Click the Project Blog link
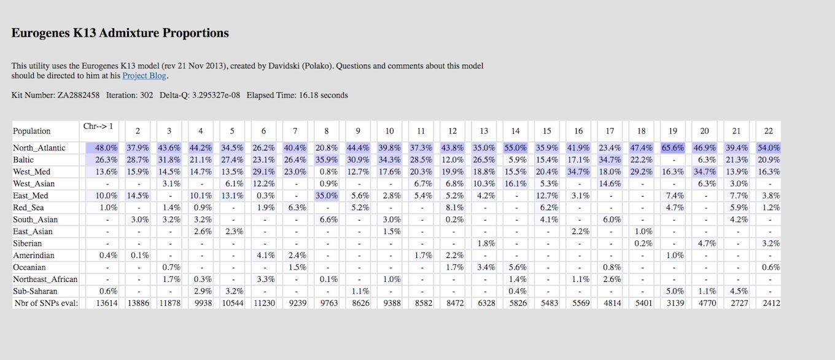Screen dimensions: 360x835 [x=145, y=76]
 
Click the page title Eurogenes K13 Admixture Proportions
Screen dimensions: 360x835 [x=120, y=33]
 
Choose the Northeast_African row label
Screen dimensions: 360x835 [x=45, y=280]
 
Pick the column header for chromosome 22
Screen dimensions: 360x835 [x=768, y=131]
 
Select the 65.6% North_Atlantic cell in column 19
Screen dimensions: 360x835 [x=673, y=148]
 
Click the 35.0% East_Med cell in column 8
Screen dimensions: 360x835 [x=327, y=196]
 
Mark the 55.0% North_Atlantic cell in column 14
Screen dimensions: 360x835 [x=515, y=148]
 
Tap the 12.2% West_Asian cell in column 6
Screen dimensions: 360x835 [x=263, y=184]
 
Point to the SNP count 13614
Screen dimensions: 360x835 [x=106, y=303]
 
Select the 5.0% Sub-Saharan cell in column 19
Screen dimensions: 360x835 [x=674, y=291]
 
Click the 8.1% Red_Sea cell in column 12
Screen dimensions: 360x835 [x=452, y=208]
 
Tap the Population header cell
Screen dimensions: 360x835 [x=32, y=131]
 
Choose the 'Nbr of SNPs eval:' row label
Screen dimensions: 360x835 [x=47, y=303]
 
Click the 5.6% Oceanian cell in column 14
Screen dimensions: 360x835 [x=516, y=267]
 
